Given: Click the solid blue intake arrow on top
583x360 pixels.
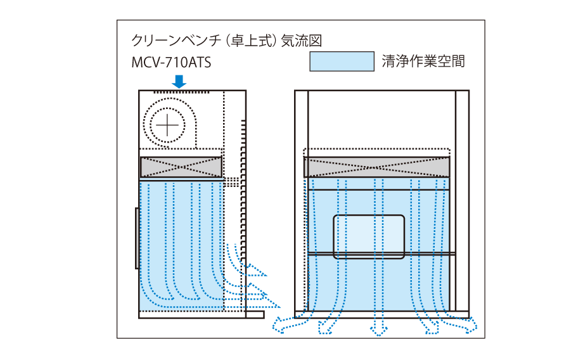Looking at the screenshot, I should [179, 81].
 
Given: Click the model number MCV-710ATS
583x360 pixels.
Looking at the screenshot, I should [170, 64].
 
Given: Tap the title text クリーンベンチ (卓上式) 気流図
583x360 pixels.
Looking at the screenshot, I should [227, 41].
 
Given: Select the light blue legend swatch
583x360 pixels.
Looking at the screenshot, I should [342, 61].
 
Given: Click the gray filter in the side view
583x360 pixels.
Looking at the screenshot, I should [181, 167].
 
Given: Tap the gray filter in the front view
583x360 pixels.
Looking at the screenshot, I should [376, 167].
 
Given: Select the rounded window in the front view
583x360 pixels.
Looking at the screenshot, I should [369, 236].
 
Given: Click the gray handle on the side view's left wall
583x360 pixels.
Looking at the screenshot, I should [137, 238].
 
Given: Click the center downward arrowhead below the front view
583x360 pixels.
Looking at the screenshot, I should [379, 330].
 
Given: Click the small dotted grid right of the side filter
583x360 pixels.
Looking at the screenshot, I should [234, 182].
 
